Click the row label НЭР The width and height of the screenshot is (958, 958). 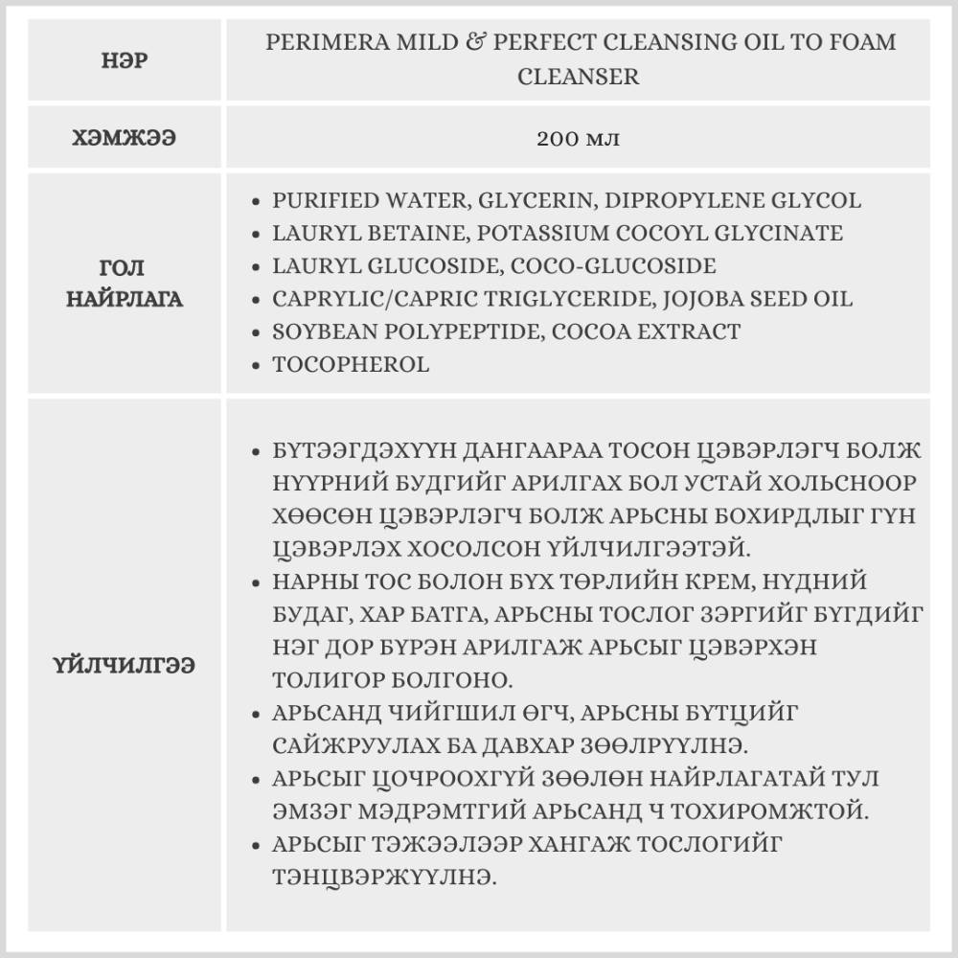(x=125, y=60)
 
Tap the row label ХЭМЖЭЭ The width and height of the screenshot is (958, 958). (x=125, y=138)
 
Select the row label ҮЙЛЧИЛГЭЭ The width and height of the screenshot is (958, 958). (x=125, y=666)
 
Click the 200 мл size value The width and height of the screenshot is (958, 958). (x=578, y=138)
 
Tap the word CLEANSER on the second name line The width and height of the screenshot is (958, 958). (x=578, y=77)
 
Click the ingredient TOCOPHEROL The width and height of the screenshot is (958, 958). (x=351, y=364)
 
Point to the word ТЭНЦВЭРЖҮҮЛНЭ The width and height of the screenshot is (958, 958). (x=384, y=877)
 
